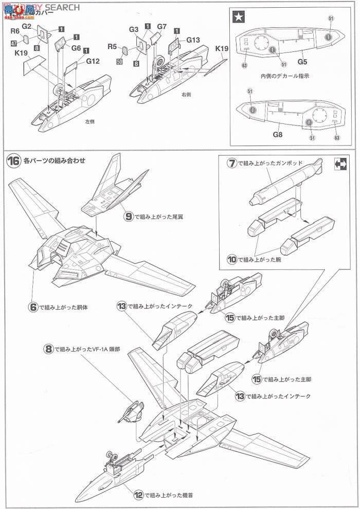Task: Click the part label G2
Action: tap(27, 26)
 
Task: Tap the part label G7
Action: tap(162, 26)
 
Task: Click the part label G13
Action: tap(193, 40)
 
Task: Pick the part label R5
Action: tap(113, 47)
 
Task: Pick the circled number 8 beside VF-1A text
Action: tap(48, 348)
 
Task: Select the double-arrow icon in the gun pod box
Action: tap(340, 163)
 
